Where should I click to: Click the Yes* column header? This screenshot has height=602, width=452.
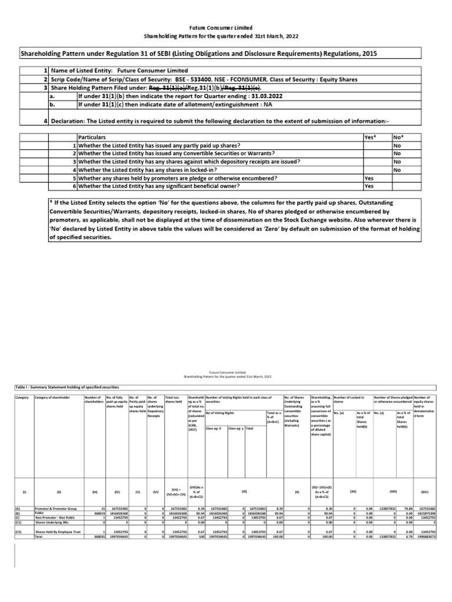[370, 136]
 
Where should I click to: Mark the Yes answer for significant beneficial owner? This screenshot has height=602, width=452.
[369, 186]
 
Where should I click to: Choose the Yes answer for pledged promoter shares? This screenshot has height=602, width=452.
[369, 178]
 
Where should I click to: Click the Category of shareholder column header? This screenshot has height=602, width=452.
[52, 398]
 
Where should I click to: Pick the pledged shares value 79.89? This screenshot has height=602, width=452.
[405, 508]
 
